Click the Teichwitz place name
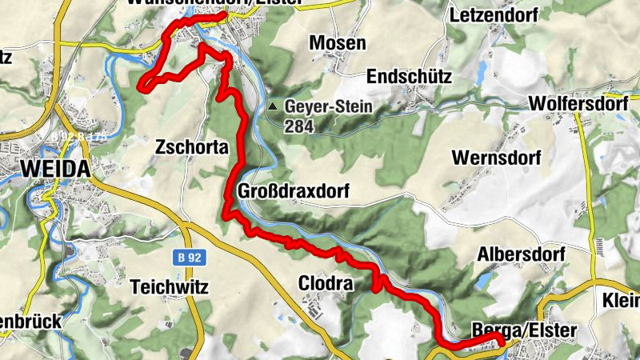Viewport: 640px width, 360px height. point(169,284)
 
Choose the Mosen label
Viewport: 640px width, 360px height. point(338,43)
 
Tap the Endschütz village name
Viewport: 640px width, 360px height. point(409,77)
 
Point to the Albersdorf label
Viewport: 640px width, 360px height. point(521,254)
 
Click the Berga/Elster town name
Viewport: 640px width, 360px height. point(524,330)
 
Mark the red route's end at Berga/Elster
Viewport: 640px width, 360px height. point(501,342)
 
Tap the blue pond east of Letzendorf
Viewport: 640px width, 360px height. point(481,74)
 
